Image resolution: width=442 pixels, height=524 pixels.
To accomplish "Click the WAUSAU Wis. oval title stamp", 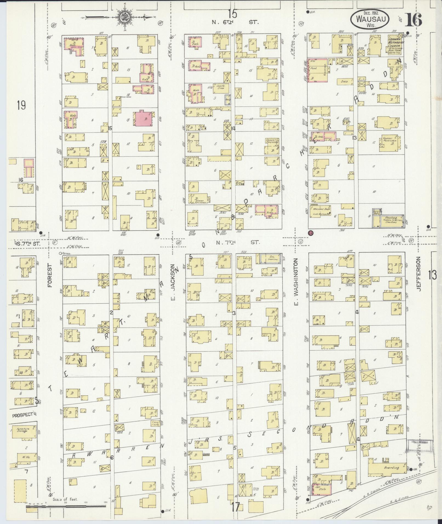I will point(369,19).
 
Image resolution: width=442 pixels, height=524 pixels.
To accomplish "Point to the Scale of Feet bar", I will point(66,507).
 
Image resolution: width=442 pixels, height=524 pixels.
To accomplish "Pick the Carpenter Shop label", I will point(219,87).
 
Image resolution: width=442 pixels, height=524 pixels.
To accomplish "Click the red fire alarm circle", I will point(311,233).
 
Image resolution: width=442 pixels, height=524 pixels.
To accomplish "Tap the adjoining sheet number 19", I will point(21,105).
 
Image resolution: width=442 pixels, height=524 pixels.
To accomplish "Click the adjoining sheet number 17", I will point(235,506).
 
